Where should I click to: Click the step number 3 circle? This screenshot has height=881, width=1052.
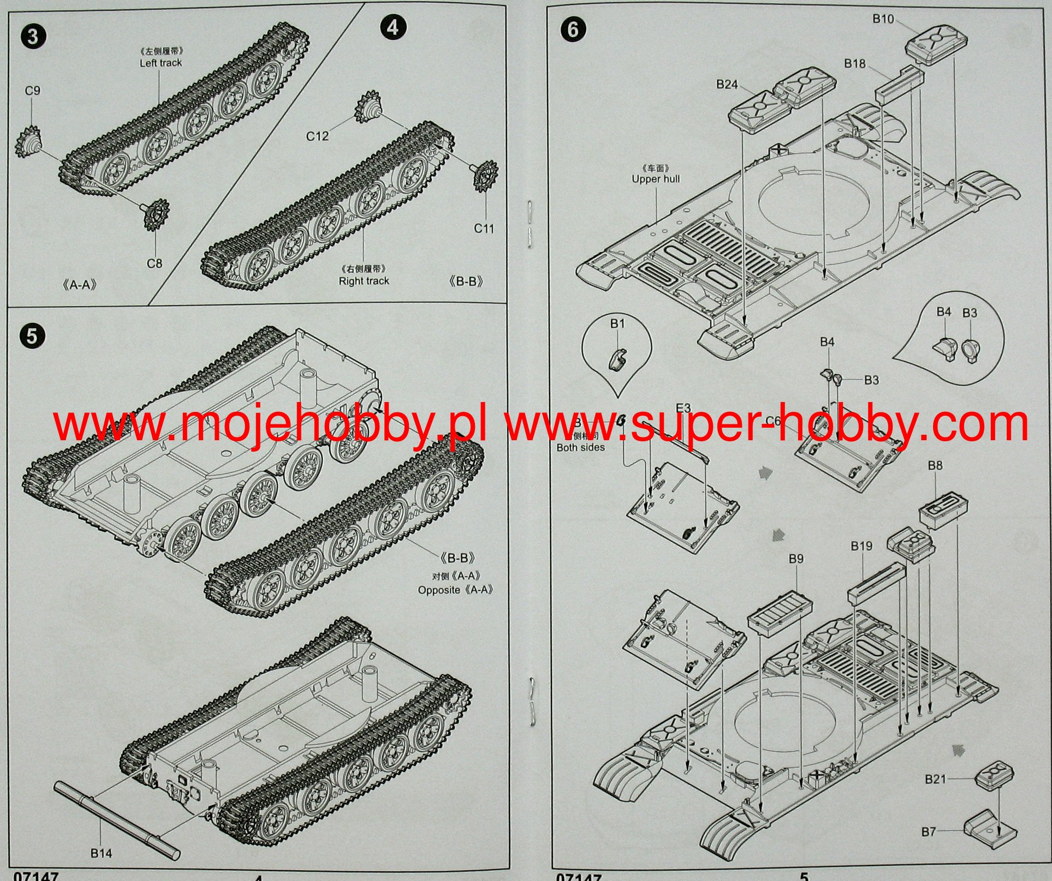point(32,37)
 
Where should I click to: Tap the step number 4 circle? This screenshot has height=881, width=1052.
point(393,27)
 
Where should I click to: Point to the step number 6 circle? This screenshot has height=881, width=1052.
point(573,29)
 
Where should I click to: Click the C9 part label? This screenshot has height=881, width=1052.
point(33,91)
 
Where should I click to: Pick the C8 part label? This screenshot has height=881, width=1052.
point(154,263)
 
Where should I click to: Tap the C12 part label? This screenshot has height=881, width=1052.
point(317,136)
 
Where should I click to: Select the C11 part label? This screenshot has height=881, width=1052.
point(484,229)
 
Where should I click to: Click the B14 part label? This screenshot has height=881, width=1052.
point(102,853)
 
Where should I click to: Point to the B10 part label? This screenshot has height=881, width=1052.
point(883,20)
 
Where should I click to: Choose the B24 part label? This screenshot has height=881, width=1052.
point(727,85)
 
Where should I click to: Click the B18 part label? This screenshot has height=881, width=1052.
point(855,64)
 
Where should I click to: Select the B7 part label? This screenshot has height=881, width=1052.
point(929,831)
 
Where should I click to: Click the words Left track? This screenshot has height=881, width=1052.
point(161,63)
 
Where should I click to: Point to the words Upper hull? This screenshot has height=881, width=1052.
point(656,179)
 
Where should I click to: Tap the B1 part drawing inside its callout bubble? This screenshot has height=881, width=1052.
point(617,358)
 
